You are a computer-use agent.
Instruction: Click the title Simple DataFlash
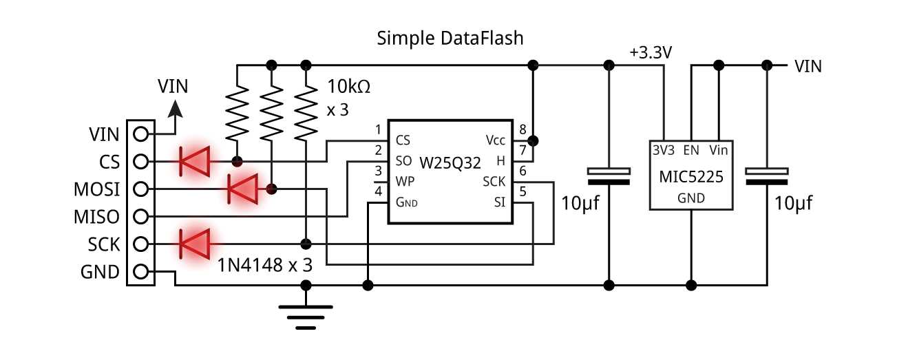450,39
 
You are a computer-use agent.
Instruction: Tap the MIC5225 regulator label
690,178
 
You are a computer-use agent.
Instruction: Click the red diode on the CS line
193,162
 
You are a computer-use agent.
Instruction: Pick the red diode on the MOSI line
242,189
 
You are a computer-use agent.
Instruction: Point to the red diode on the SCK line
193,244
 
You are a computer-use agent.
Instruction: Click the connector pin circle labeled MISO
141,217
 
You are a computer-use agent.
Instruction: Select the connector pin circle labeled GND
141,272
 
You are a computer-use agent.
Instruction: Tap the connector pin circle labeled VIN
141,134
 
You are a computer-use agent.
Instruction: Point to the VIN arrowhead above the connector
176,109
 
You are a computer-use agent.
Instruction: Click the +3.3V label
651,53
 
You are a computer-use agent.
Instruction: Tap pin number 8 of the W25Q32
523,129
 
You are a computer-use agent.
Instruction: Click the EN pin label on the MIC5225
691,149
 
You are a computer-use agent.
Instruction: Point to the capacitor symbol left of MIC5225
608,176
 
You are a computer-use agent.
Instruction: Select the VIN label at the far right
808,66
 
